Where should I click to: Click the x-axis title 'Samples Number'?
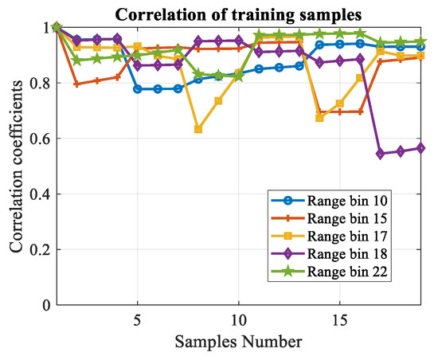click(x=238, y=342)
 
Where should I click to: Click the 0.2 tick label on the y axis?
click(x=37, y=250)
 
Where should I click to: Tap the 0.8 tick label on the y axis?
click(x=37, y=83)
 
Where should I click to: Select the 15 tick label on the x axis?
click(x=340, y=319)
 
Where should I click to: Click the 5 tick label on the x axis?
click(x=138, y=319)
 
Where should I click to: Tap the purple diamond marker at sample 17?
click(x=381, y=154)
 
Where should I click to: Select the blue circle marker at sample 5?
click(x=138, y=89)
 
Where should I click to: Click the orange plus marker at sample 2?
click(x=76, y=84)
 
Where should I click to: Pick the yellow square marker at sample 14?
click(x=320, y=118)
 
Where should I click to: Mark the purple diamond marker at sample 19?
click(x=421, y=148)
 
